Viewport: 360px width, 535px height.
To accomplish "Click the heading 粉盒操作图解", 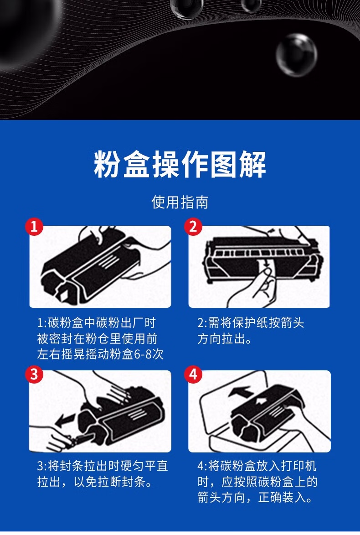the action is point(180,165).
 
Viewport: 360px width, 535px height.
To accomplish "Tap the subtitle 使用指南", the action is point(180,202).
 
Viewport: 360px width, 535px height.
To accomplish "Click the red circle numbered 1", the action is point(35,226).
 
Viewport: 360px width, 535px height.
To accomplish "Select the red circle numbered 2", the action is point(193,226).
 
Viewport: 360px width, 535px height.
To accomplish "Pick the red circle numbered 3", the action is point(35,374).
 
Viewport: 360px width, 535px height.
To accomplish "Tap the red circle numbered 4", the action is point(193,374).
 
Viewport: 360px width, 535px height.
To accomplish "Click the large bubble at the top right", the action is point(297,55).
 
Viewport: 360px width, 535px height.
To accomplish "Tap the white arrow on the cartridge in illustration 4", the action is point(262,400).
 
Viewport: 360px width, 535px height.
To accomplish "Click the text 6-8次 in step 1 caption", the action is point(149,354).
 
